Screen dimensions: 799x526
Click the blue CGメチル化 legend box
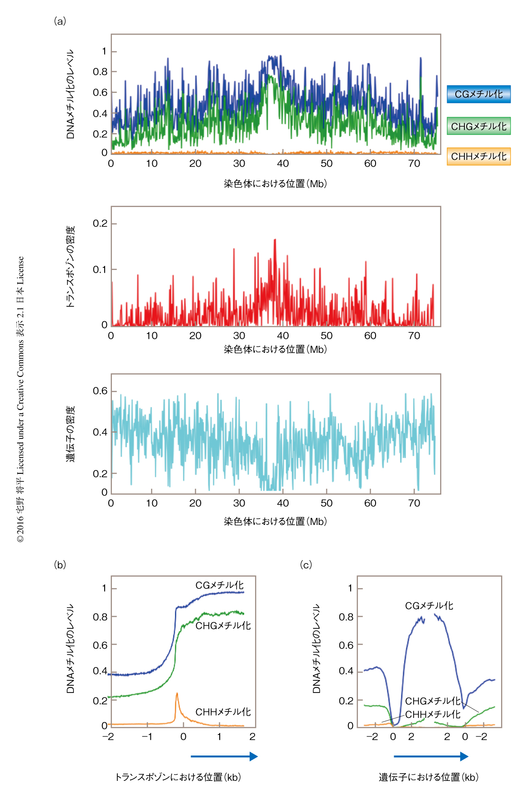click(x=478, y=94)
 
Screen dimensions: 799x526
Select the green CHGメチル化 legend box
click(x=478, y=126)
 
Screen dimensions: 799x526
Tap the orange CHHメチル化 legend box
click(x=478, y=157)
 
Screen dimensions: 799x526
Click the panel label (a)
click(x=60, y=21)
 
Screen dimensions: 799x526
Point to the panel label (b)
click(x=60, y=565)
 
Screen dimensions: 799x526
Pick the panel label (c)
click(x=306, y=565)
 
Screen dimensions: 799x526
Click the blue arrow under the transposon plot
click(x=224, y=756)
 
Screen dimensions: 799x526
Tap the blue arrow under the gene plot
click(x=431, y=756)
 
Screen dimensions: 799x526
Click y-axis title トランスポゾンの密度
click(x=70, y=267)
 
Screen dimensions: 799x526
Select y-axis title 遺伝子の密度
click(x=70, y=433)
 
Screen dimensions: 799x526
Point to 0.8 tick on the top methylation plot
click(x=100, y=72)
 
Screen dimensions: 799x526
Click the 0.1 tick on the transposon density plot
click(x=100, y=270)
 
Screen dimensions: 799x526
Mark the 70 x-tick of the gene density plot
click(x=414, y=503)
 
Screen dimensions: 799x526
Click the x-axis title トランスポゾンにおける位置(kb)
click(x=178, y=777)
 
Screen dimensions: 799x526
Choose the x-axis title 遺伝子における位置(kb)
click(x=429, y=777)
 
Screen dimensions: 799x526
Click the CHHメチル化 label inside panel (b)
click(x=223, y=712)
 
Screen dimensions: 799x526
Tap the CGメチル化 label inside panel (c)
click(x=429, y=606)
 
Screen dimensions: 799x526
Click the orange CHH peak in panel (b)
click(x=177, y=694)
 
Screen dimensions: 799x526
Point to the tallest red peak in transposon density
click(x=275, y=240)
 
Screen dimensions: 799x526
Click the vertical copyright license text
click(x=20, y=399)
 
